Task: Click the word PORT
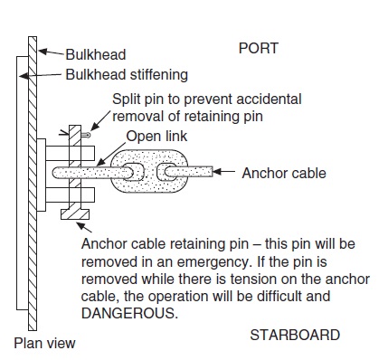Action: coord(259,48)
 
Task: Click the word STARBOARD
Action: coord(295,335)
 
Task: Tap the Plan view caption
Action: coord(44,343)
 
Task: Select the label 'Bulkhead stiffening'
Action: coord(127,74)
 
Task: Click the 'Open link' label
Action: coord(156,137)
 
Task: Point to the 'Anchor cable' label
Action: coord(284,174)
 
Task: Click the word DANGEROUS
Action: coord(128,314)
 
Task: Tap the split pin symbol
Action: coord(86,135)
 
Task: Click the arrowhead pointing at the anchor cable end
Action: coord(217,172)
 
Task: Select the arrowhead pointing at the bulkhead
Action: coord(43,52)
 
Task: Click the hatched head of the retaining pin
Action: coord(75,214)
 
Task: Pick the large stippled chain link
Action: coord(149,171)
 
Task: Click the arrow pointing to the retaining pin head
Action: coord(84,227)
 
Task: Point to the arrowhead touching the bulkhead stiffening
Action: coord(24,76)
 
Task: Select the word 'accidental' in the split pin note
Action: coord(269,99)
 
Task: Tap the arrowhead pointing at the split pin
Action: coord(94,128)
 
